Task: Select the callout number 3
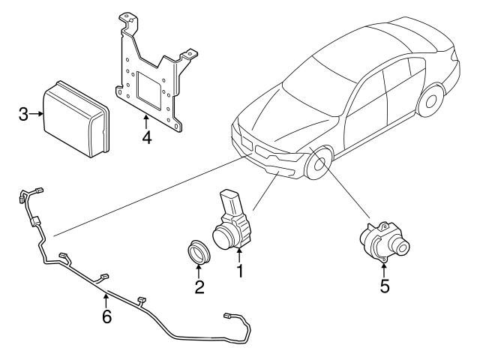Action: tap(23, 115)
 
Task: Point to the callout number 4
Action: tap(146, 139)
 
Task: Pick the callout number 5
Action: tap(384, 286)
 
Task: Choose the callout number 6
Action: tap(106, 316)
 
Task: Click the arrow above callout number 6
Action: tap(106, 300)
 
